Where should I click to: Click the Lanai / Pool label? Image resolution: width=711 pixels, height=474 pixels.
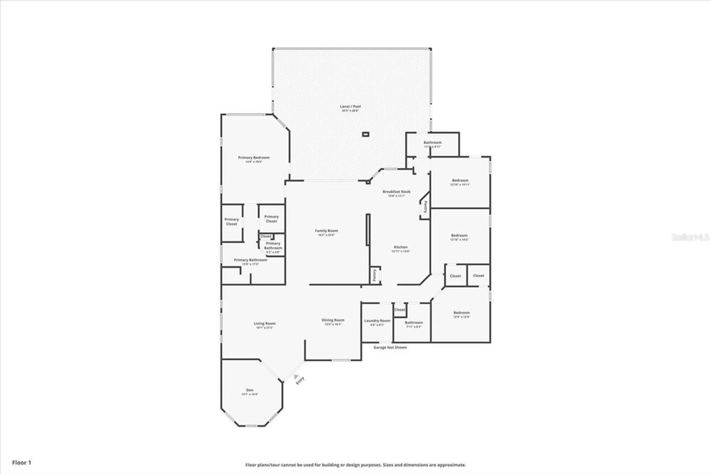pos(350,106)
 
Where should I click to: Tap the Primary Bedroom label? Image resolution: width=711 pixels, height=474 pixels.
pos(253,158)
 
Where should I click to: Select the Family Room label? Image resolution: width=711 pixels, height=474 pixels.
pos(326,231)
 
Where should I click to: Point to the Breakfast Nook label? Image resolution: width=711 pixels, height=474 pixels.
pos(396,192)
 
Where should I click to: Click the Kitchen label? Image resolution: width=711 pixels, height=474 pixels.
pos(401,247)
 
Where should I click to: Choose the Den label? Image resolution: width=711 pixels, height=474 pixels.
pos(250,390)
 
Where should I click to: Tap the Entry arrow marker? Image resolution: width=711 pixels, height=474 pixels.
pos(296,376)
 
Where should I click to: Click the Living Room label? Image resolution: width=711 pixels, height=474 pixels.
pos(264,323)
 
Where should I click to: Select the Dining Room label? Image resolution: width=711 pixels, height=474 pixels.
pos(333,320)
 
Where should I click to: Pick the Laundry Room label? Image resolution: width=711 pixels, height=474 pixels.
pos(377,321)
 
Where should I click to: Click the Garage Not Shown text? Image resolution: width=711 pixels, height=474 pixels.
pos(390,347)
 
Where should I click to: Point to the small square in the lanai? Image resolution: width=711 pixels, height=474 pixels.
pos(365,135)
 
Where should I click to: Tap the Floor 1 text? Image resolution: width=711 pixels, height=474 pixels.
pos(22,463)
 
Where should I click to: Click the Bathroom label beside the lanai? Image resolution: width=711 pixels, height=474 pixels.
pos(432,143)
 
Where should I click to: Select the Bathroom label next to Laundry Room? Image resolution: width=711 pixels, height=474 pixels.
pos(414,322)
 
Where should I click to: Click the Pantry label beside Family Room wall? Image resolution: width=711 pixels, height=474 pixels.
pos(374,275)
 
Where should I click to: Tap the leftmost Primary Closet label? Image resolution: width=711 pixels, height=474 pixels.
pos(231,222)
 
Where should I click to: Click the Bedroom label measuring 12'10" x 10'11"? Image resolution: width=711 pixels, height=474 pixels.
pos(460,180)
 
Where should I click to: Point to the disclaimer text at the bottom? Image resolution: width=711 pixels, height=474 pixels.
pos(355,465)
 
